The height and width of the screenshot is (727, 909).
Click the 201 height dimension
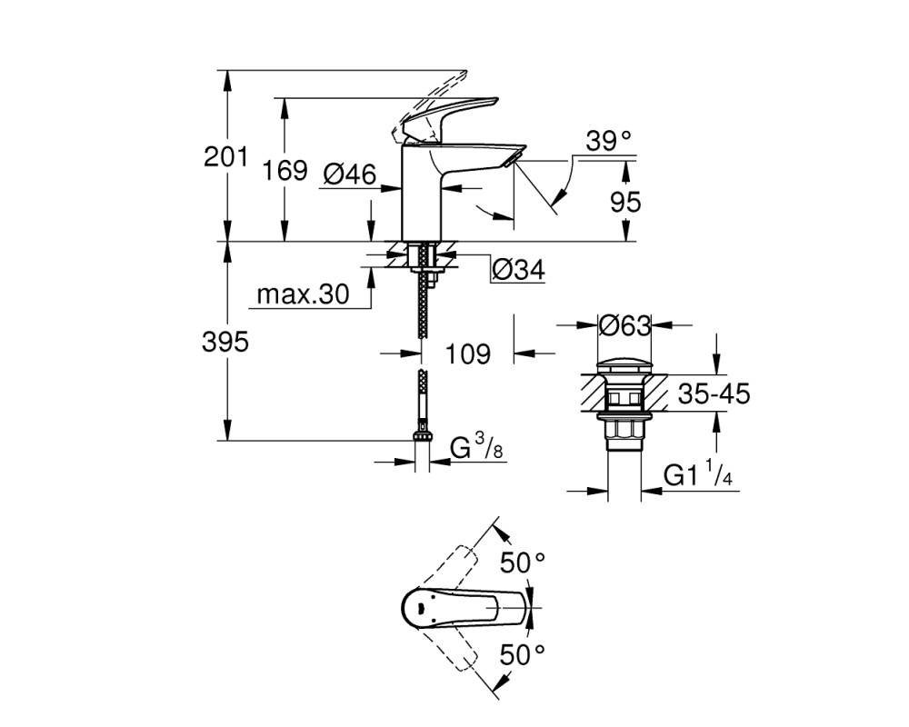click(x=225, y=156)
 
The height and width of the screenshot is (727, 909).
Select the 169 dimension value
click(x=284, y=171)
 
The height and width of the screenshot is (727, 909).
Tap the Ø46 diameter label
click(x=350, y=174)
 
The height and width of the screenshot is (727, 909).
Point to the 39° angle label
click(x=608, y=140)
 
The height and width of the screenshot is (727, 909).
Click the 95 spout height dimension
click(x=625, y=202)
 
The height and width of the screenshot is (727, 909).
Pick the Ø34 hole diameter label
click(x=518, y=270)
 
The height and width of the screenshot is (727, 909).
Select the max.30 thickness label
click(x=304, y=294)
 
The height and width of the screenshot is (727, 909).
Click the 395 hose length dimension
click(x=225, y=342)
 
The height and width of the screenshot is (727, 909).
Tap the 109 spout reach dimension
click(x=467, y=354)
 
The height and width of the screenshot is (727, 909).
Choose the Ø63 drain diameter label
click(x=625, y=325)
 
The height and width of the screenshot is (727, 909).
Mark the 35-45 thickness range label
click(x=714, y=394)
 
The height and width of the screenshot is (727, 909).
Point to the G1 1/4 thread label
click(x=698, y=475)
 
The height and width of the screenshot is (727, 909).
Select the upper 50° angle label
click(x=523, y=563)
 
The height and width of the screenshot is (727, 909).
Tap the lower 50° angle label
click(x=523, y=655)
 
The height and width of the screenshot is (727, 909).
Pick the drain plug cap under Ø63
click(x=624, y=366)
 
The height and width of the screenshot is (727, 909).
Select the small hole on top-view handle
click(x=419, y=608)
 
